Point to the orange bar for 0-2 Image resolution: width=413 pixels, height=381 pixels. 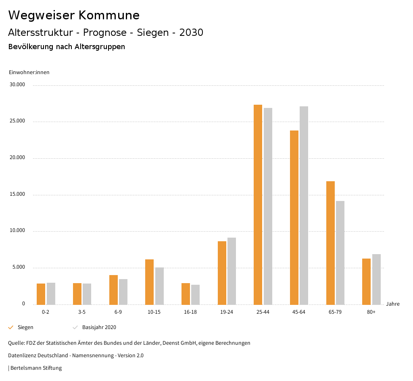[x=41, y=294]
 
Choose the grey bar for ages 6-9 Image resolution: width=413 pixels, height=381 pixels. [x=123, y=292]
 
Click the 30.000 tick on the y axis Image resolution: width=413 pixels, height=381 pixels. [x=18, y=85]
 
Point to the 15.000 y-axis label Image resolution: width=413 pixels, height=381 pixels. [x=18, y=194]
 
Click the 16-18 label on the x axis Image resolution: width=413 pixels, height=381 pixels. [x=190, y=312]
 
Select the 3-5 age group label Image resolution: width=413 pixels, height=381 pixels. [x=82, y=312]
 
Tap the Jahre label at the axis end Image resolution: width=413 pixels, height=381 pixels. [x=392, y=304]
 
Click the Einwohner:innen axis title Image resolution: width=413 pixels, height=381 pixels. [x=29, y=72]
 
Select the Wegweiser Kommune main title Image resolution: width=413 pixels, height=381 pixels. [x=74, y=15]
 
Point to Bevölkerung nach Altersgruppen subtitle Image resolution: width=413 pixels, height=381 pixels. [x=67, y=47]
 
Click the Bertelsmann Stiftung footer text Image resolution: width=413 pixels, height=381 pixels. [x=35, y=368]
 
